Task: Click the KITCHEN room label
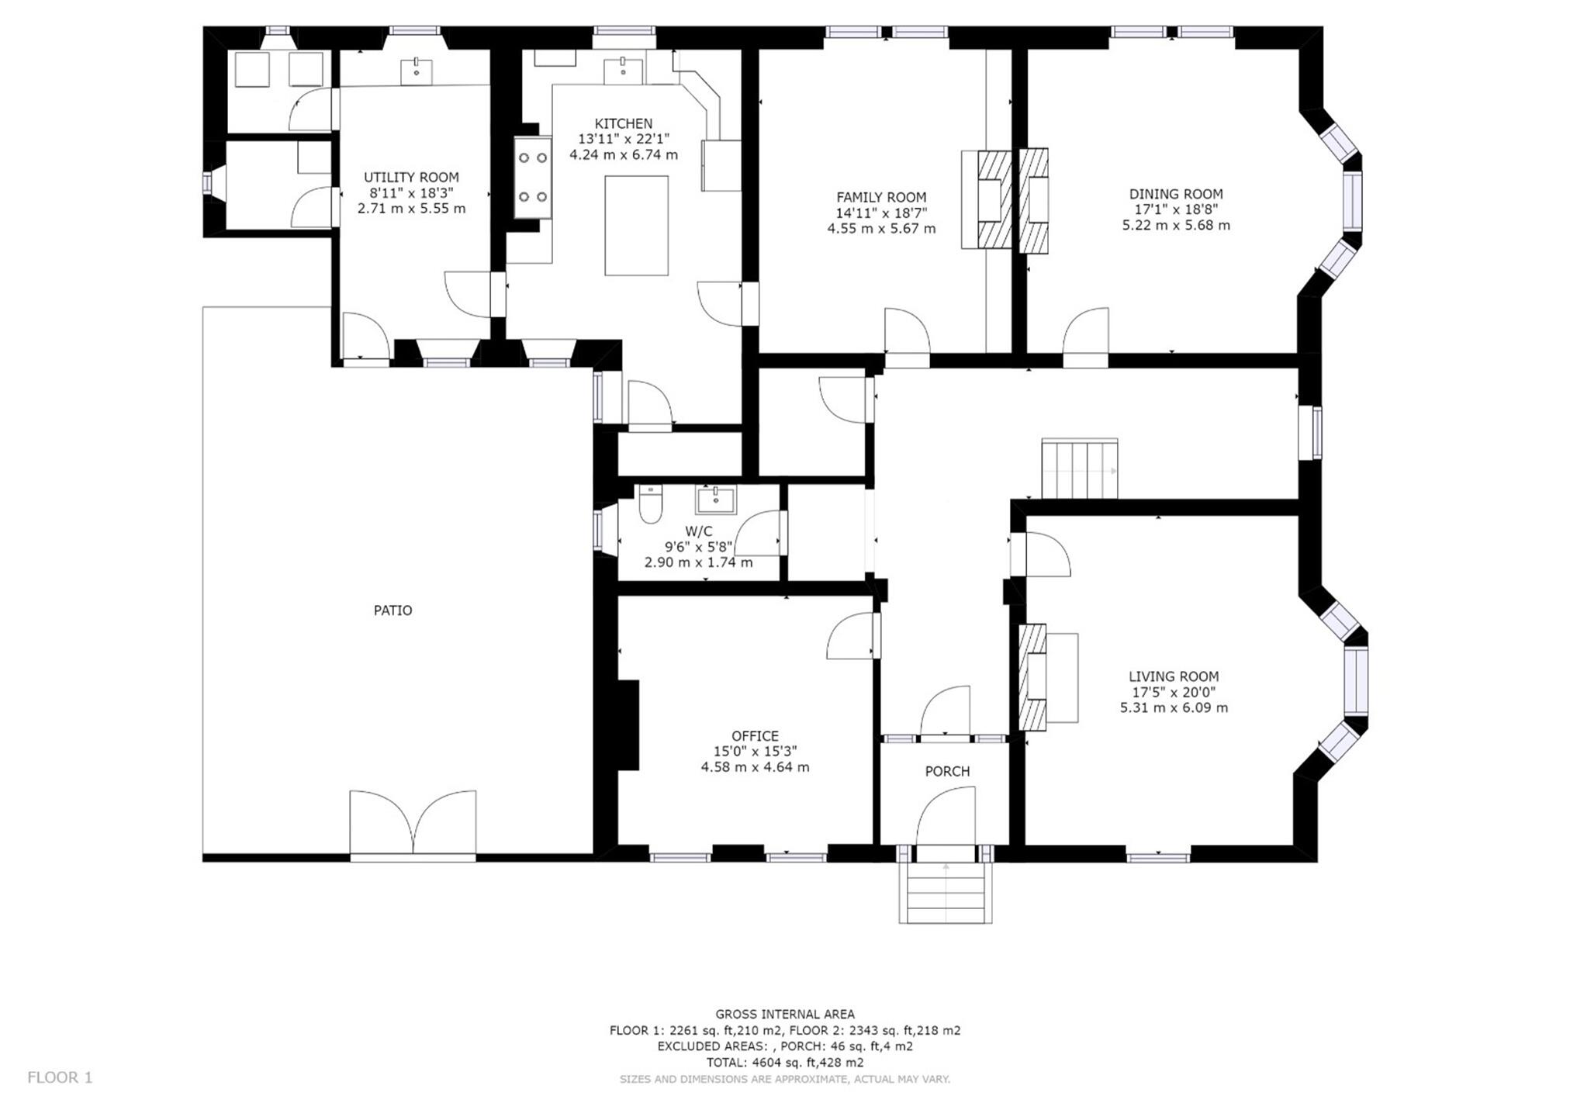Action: pos(623,123)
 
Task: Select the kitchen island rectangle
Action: pos(636,225)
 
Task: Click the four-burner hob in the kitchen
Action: pos(533,177)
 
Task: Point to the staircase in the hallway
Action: pos(1079,469)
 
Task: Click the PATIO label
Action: pos(392,610)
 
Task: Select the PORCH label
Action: pos(946,771)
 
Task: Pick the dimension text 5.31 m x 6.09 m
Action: pos(1173,707)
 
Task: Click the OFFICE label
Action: pos(755,735)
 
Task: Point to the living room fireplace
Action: pos(1032,677)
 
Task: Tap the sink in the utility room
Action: pos(417,70)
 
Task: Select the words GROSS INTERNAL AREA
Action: pos(784,1014)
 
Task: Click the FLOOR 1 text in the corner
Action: pos(60,1077)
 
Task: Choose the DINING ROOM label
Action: pos(1175,194)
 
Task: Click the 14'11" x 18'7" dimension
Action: pos(881,213)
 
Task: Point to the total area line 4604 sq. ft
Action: pos(784,1062)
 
